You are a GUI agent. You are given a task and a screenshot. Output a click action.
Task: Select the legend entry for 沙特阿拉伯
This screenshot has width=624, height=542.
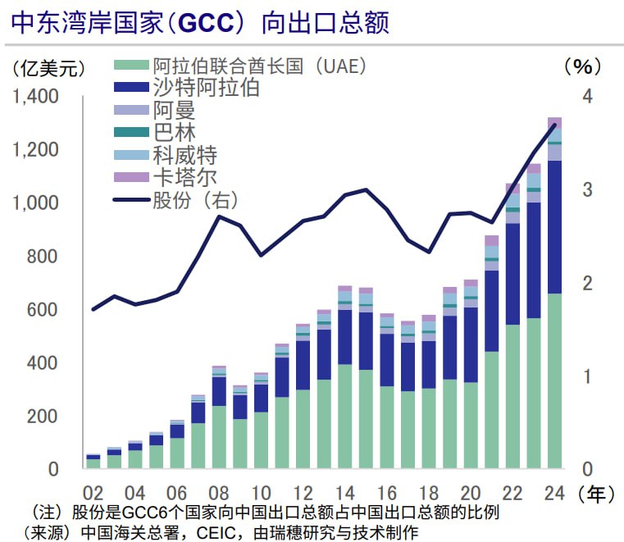click(206, 88)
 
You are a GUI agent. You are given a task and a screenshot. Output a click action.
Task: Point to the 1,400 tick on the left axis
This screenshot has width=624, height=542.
click(35, 97)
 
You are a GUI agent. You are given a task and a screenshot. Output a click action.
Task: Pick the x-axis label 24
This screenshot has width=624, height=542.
click(554, 493)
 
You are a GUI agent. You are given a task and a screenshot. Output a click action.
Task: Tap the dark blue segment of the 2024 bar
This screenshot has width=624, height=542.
click(554, 225)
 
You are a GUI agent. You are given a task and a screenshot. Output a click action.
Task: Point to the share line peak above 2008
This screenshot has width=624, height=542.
click(219, 216)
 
